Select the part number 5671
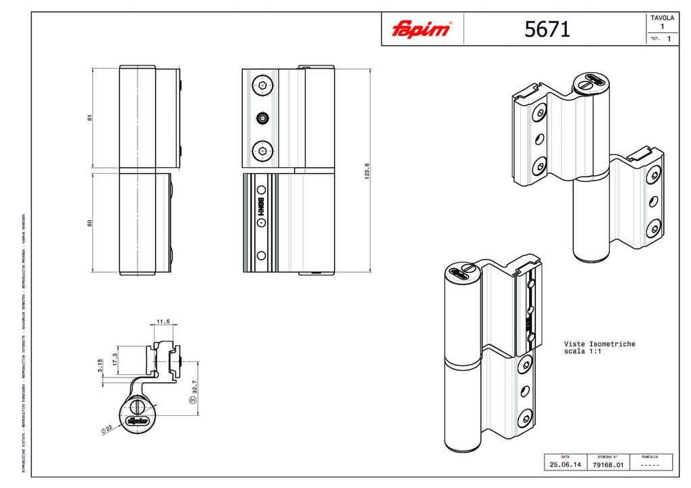tap(547, 29)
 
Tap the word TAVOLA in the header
tap(662, 18)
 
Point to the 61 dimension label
tap(90, 117)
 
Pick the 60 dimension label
tap(90, 223)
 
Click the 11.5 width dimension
tap(163, 322)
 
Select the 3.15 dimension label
tap(101, 366)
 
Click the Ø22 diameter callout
tap(107, 429)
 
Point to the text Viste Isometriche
tap(599, 344)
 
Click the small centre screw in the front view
tap(262, 119)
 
